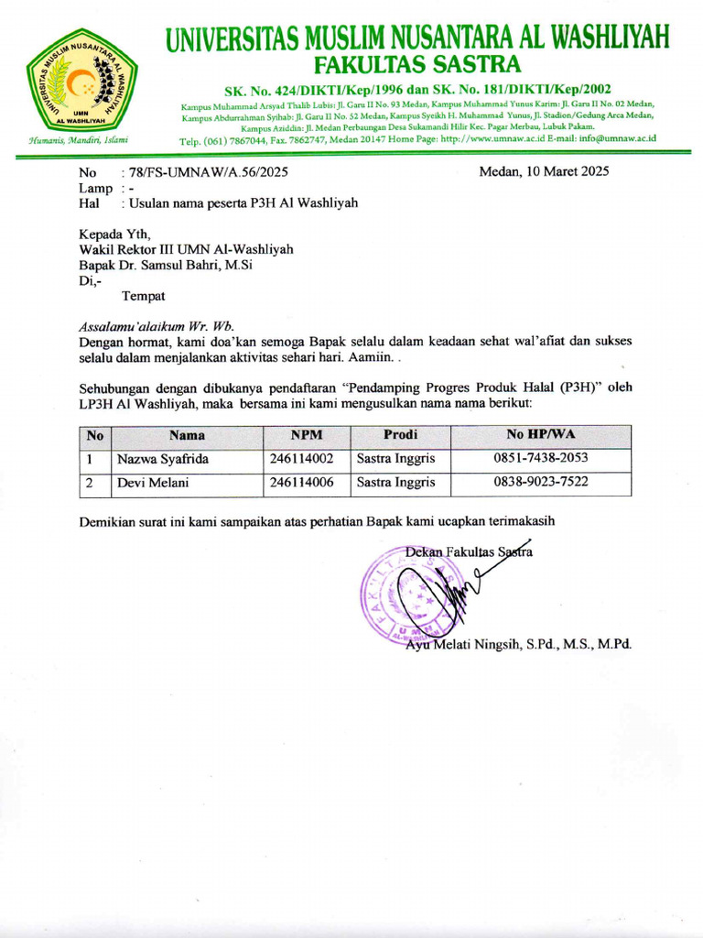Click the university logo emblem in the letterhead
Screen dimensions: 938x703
click(81, 82)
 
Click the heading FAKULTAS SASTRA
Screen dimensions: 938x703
click(417, 65)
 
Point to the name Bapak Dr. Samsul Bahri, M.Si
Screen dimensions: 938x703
click(166, 265)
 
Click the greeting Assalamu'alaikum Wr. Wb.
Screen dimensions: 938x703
click(157, 325)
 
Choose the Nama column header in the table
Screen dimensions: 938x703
click(186, 435)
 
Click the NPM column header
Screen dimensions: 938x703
click(307, 435)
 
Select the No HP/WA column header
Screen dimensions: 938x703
click(541, 434)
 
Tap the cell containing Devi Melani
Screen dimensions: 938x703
click(148, 483)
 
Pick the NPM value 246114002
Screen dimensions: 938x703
click(301, 459)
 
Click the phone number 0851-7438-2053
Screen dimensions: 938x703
click(541, 459)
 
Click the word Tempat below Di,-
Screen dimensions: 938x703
click(143, 296)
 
